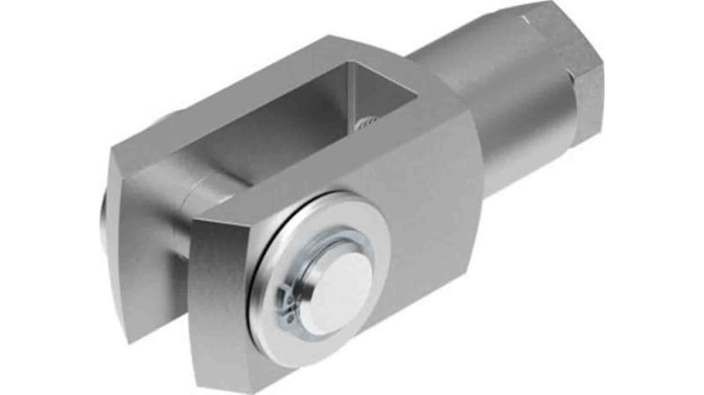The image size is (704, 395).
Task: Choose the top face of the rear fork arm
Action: [x=264, y=97]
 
